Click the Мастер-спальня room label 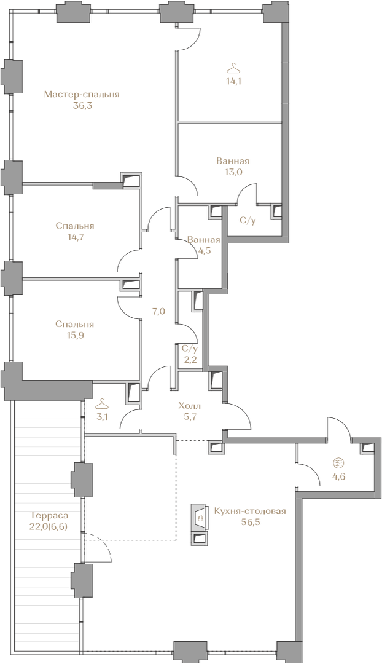(82, 95)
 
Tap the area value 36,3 (82, 106)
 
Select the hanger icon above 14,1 (232, 68)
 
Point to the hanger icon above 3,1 (101, 404)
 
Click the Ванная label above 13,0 (232, 161)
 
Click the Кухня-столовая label (250, 511)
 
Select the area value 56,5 (250, 522)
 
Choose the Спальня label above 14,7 (75, 226)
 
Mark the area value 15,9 (74, 336)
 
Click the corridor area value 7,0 (158, 312)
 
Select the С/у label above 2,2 (190, 349)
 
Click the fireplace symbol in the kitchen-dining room (200, 516)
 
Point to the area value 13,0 (232, 172)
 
